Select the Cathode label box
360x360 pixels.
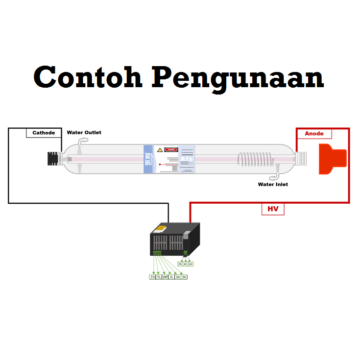44,133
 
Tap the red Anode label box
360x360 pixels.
314,133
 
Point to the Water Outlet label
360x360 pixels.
84,133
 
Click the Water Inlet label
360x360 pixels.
273,185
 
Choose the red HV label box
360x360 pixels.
272,209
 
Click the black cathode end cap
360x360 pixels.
50,158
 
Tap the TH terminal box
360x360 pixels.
153,277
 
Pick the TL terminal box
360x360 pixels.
159,277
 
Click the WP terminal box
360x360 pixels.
165,277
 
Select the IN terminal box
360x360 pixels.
178,277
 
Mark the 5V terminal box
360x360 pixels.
184,277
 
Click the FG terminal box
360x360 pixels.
180,264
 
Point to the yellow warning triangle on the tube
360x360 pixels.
160,149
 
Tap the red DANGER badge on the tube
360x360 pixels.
170,149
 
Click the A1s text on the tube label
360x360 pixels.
187,159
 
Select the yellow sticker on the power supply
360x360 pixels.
161,228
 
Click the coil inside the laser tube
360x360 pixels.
254,160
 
